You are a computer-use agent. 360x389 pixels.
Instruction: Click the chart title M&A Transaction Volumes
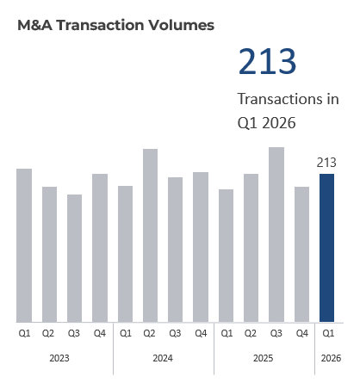(x=115, y=25)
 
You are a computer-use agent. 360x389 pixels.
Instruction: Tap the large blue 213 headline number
(x=267, y=63)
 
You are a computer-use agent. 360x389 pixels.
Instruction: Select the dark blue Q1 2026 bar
(x=326, y=248)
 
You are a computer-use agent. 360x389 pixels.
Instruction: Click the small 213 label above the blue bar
(x=326, y=163)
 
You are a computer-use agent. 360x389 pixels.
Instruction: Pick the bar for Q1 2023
(x=24, y=245)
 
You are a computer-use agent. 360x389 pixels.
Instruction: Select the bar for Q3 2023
(x=75, y=258)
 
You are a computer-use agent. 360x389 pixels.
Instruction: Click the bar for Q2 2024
(x=150, y=235)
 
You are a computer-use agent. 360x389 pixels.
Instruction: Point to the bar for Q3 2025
(x=276, y=234)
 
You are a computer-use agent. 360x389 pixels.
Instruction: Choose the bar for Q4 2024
(x=201, y=247)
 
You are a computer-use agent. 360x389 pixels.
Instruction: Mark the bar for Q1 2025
(x=226, y=256)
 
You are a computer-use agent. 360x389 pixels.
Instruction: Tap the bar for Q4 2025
(x=301, y=254)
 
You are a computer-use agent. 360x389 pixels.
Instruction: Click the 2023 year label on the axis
(x=62, y=357)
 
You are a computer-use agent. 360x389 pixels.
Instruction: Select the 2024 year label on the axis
(x=163, y=357)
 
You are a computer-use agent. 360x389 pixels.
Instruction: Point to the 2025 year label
(x=264, y=357)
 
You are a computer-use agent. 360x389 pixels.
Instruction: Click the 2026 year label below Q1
(x=327, y=357)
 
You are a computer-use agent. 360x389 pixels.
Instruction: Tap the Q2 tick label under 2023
(x=49, y=333)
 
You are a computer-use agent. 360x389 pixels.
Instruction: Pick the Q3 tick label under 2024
(x=176, y=333)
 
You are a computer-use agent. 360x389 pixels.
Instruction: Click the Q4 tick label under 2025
(x=301, y=333)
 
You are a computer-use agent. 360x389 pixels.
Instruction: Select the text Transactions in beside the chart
(x=288, y=99)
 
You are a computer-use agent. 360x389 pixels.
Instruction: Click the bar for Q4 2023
(x=100, y=248)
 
